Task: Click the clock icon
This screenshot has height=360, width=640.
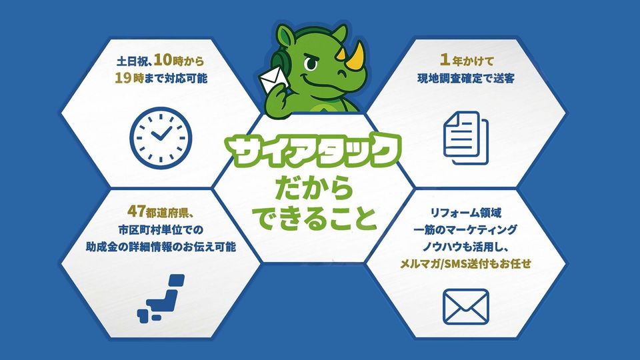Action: click(x=161, y=138)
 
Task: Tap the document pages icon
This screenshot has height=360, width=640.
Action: click(x=466, y=138)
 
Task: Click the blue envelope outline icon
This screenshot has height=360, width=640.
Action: click(x=466, y=307)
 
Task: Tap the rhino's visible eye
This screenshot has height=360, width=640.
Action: click(x=311, y=63)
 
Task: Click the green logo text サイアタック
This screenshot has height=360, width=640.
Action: click(x=314, y=151)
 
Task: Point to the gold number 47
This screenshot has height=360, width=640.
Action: click(x=136, y=211)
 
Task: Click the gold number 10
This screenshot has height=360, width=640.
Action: click(x=163, y=61)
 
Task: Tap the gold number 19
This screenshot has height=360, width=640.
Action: click(x=123, y=77)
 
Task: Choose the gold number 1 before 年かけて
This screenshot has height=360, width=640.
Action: click(x=445, y=60)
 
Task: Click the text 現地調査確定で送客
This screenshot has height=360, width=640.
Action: click(x=466, y=78)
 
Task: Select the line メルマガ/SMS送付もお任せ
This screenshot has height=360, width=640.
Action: click(x=466, y=264)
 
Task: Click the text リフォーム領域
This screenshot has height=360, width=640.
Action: click(x=466, y=212)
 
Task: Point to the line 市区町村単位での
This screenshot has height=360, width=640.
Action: click(x=161, y=230)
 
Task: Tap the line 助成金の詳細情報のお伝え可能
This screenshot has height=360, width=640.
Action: click(x=161, y=247)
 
